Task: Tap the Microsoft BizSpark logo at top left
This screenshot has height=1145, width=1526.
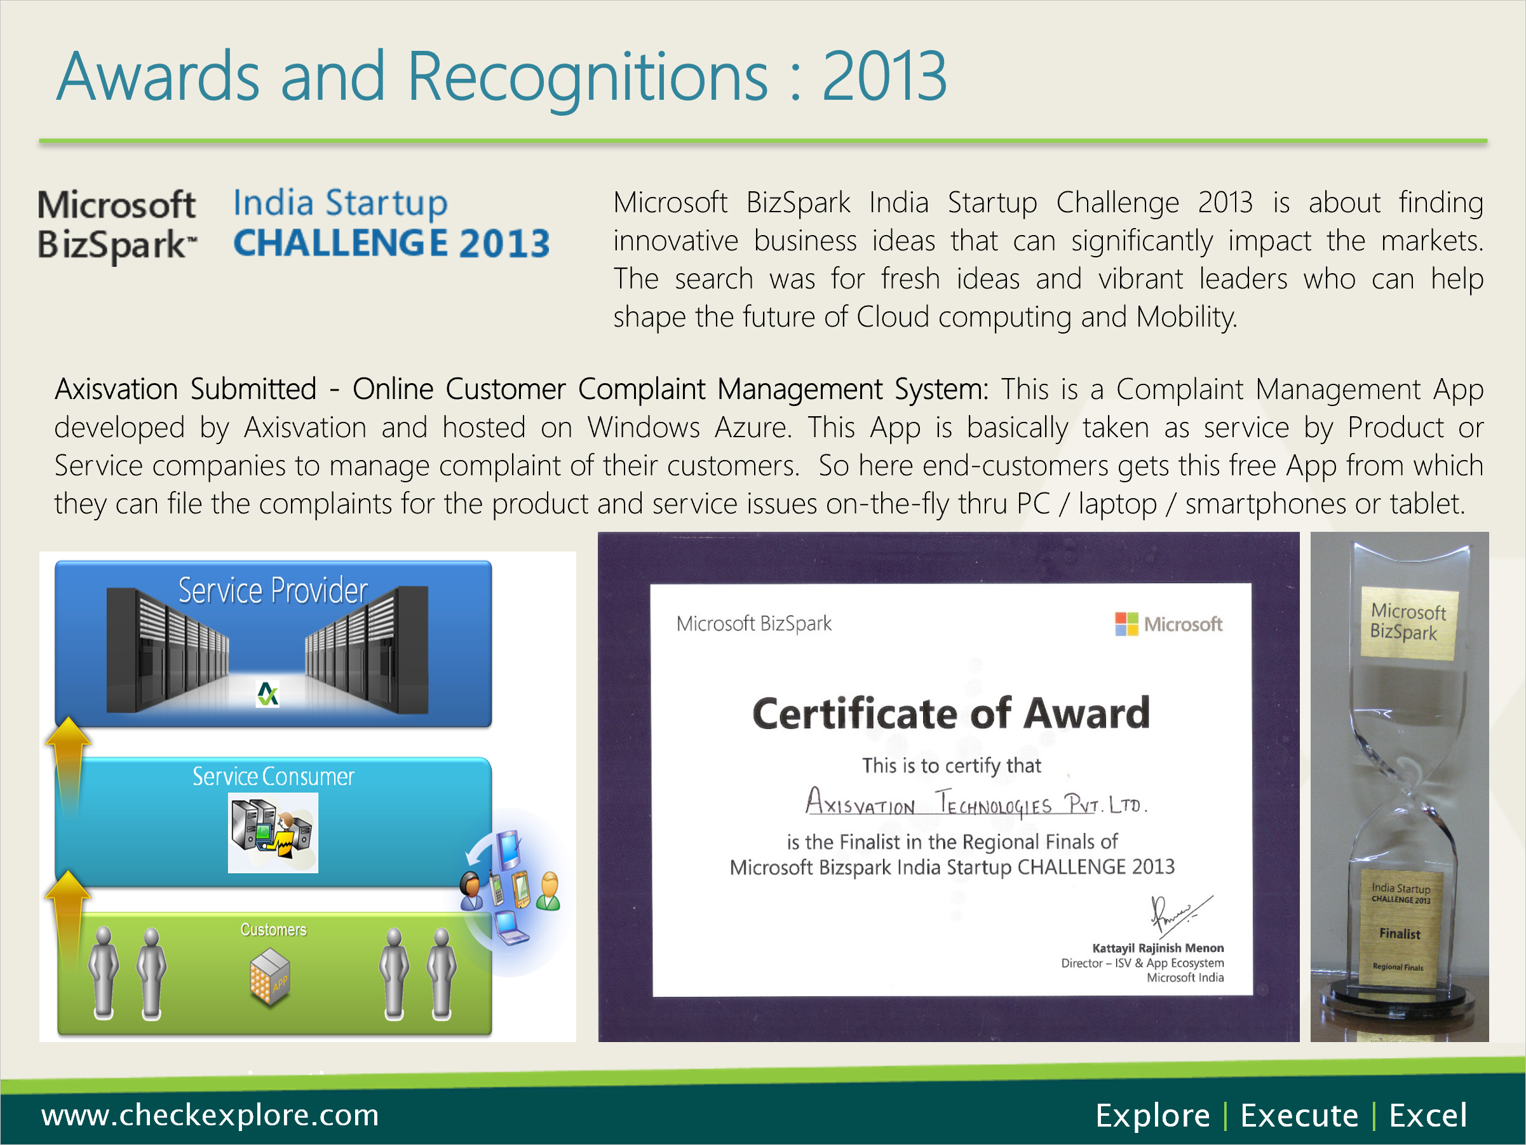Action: [118, 225]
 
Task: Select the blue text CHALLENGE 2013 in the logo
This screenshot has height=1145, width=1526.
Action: [391, 243]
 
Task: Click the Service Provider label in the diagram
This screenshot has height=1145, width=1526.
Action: [273, 590]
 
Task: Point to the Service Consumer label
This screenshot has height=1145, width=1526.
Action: [273, 776]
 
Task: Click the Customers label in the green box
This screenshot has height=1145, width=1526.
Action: [273, 930]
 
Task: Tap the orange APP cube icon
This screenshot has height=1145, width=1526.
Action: [270, 977]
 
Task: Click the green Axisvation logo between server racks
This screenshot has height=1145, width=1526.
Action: [267, 694]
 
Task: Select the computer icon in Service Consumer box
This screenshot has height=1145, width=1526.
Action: [273, 832]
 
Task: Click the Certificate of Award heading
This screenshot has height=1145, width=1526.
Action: [951, 713]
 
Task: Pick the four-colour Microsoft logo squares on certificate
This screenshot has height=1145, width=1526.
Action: [1126, 624]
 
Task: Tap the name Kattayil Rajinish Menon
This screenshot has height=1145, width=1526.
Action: [1158, 948]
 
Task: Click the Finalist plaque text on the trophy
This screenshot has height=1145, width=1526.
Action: [1400, 934]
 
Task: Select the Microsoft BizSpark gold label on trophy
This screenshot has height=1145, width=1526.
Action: [1408, 623]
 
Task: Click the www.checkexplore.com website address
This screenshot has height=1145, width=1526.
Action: [210, 1115]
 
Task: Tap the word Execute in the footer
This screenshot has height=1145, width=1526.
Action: [1299, 1115]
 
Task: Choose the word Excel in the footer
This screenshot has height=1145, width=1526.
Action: [1428, 1115]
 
